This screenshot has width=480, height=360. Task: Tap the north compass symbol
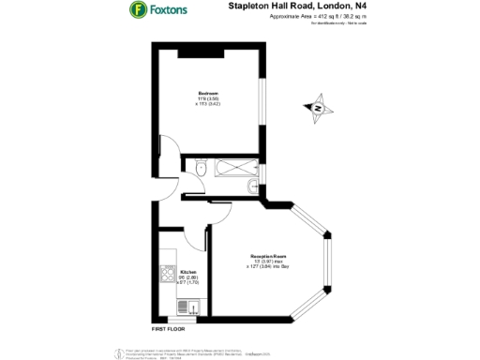318,108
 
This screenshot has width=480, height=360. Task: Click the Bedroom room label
208,93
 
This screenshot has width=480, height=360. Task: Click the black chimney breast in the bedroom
203,50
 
